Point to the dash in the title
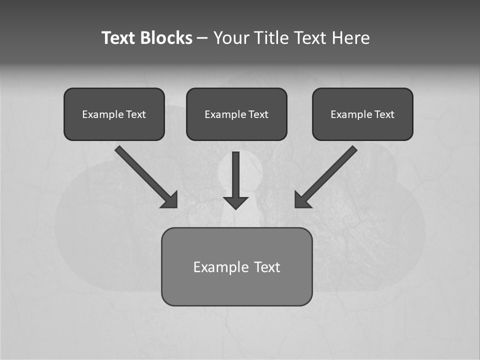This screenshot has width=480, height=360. click(202, 38)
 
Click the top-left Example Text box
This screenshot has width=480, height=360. click(114, 114)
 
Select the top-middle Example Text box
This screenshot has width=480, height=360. click(236, 114)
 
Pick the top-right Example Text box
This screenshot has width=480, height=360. click(362, 114)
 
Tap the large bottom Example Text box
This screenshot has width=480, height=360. click(236, 266)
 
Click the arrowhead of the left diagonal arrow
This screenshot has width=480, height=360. click(170, 200)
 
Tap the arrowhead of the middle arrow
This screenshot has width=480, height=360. click(235, 202)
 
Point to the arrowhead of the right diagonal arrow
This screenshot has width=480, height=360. click(302, 200)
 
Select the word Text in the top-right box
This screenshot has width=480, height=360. click(384, 114)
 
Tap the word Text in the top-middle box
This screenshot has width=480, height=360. click(258, 114)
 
